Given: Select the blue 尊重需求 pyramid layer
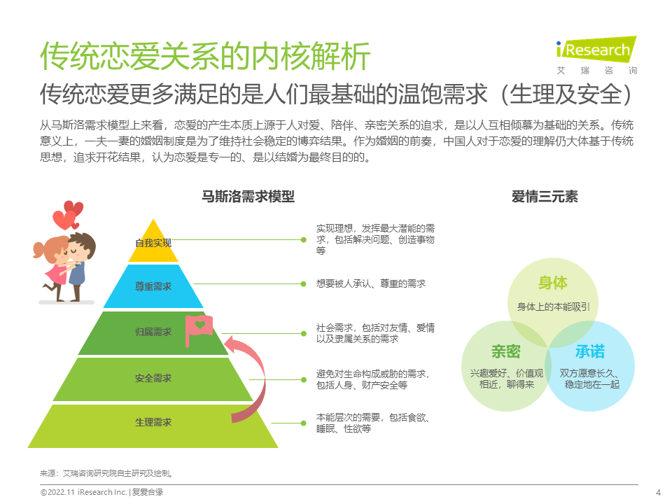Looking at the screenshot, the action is [x=153, y=287].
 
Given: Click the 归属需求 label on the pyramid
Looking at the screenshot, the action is [x=153, y=332].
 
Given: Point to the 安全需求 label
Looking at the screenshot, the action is [x=153, y=378].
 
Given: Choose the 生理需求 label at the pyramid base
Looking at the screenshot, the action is [x=153, y=423].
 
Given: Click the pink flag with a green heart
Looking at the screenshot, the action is [x=198, y=328].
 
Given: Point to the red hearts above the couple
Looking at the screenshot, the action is [x=68, y=215].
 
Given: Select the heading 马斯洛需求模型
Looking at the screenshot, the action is [x=248, y=197].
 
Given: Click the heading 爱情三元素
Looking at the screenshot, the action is [x=545, y=197].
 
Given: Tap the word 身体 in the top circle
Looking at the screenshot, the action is [x=552, y=283].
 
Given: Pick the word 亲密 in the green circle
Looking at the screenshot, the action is [x=505, y=352].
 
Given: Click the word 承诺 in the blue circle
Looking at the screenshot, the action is [x=589, y=352].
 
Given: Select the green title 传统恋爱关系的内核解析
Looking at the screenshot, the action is [x=204, y=56].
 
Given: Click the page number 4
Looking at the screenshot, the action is [x=657, y=492].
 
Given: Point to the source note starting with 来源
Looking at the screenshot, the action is [x=106, y=473].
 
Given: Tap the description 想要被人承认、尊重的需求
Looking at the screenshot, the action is [x=370, y=283].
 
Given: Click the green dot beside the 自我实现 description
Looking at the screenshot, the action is [x=303, y=239].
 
